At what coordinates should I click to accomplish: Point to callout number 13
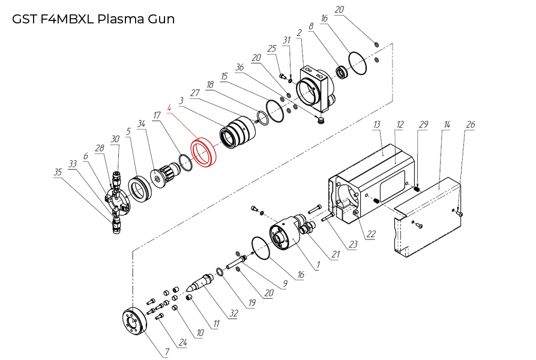click(377, 124)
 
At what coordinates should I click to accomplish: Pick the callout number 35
click(58, 172)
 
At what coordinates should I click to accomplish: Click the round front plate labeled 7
click(133, 320)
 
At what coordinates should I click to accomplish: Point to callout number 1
click(318, 264)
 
